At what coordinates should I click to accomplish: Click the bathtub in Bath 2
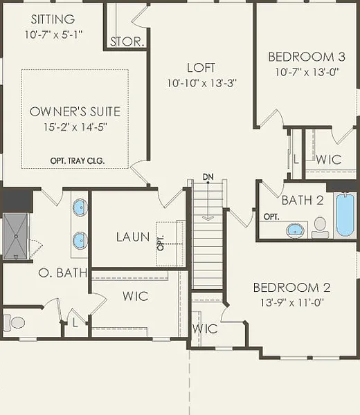pos(345,215)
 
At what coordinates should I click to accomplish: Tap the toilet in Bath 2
pos(320,228)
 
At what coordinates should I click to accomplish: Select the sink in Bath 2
pos(295,230)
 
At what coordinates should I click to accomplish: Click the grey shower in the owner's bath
pos(16,236)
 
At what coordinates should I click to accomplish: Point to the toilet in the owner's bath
pos(14,322)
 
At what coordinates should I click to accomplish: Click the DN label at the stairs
pos(208,177)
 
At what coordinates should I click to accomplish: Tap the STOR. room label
pos(127,41)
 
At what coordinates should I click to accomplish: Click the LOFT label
pos(201,68)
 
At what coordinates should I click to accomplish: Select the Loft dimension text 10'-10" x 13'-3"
pos(201,83)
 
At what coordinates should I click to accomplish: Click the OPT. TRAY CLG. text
pos(78,160)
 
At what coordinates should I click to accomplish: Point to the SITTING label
pos(53,19)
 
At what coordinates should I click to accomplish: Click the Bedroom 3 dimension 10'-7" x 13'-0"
pos(307,72)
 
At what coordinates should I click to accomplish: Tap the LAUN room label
pos(133,237)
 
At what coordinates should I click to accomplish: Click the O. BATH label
pos(63,273)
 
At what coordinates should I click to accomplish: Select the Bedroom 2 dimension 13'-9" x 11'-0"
pos(292,302)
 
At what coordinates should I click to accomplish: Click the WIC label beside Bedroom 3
pos(329,159)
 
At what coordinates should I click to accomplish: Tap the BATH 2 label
pos(303,200)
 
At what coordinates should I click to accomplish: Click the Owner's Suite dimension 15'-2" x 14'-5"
pos(75,127)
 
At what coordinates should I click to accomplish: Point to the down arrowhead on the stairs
pos(208,218)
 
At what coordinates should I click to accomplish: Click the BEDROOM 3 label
pos(307,57)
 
